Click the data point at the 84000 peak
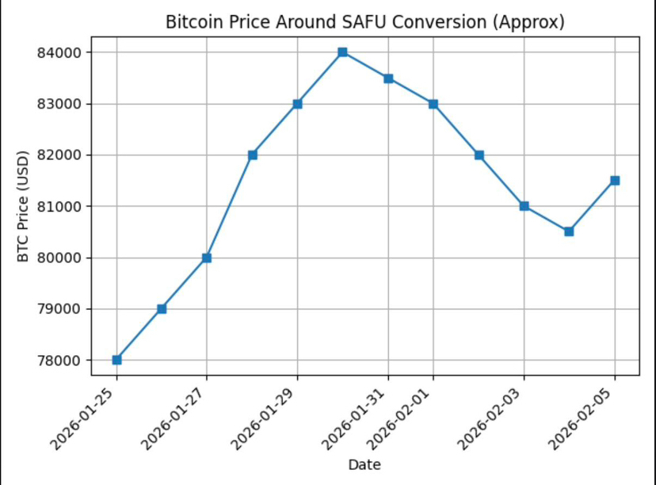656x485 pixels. pos(342,52)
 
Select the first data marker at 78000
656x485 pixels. pos(116,360)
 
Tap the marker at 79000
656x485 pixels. pos(162,308)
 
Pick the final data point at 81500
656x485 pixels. pos(615,181)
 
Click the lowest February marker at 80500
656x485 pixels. pos(569,231)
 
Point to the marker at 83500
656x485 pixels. pos(388,78)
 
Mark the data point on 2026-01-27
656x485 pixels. pos(207,258)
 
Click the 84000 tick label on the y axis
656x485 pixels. pos(63,53)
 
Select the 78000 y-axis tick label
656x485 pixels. pos(63,361)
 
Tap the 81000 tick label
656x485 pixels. pos(63,207)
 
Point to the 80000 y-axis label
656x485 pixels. pos(63,258)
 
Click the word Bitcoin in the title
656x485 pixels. pos(191,22)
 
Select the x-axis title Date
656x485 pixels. pos(365,465)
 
